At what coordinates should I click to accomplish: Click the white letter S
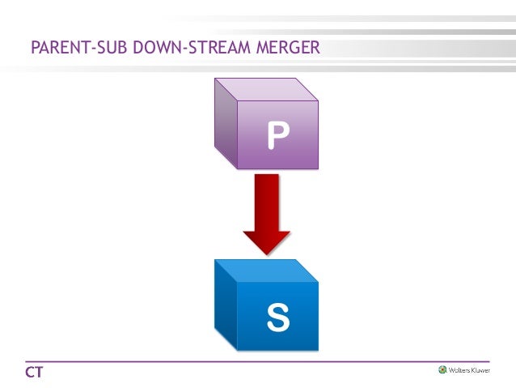[x=277, y=318]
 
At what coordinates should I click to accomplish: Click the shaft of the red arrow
[x=266, y=198]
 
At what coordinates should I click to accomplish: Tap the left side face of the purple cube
[x=226, y=122]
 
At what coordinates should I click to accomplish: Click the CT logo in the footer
[x=33, y=373]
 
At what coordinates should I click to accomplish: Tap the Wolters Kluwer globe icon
[x=442, y=370]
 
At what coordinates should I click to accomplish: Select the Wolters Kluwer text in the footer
[x=469, y=370]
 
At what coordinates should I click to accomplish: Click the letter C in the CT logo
[x=28, y=373]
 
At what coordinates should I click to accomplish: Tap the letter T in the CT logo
[x=38, y=373]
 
